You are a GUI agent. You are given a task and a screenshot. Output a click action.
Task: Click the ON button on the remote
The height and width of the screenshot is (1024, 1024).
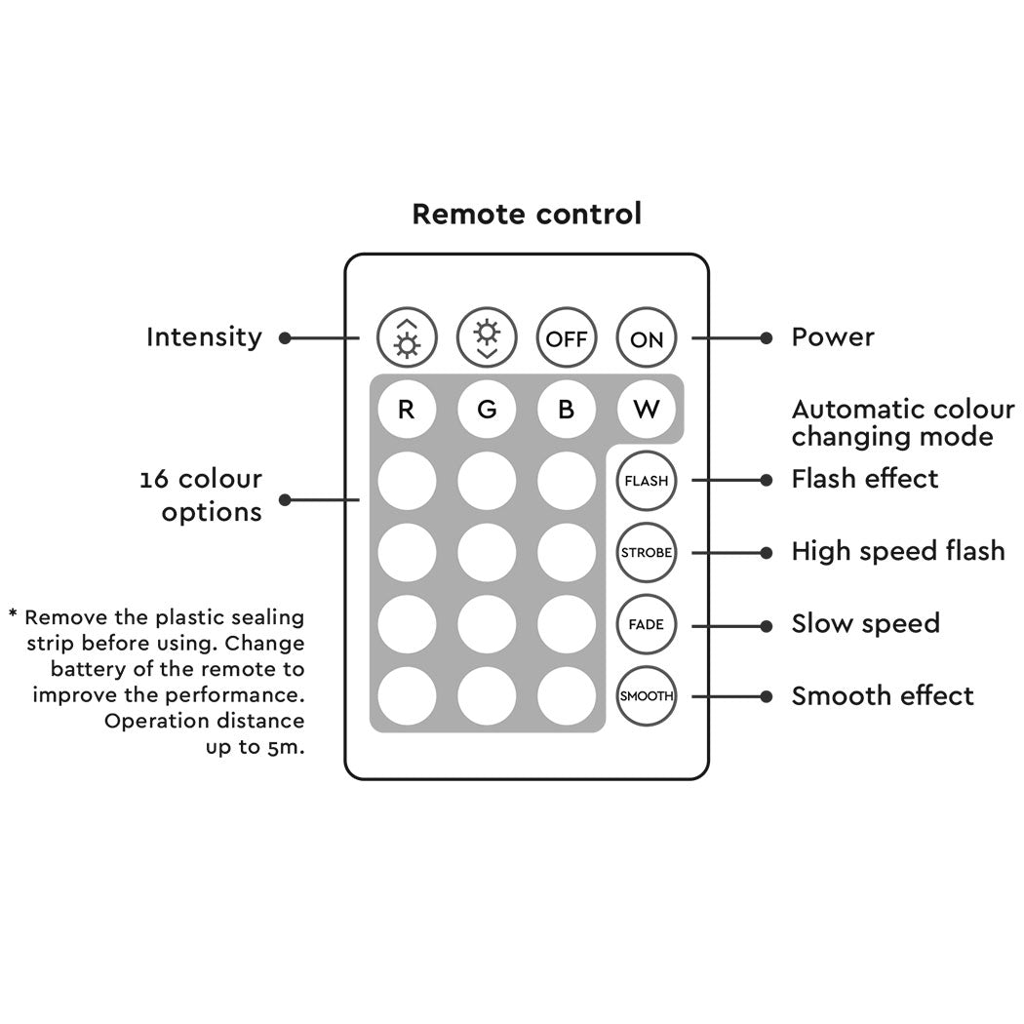[x=646, y=338]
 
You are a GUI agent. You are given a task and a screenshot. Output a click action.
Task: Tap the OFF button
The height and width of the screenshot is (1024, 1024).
[x=567, y=338]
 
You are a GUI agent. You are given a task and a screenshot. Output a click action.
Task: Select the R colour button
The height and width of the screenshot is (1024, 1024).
[x=407, y=410]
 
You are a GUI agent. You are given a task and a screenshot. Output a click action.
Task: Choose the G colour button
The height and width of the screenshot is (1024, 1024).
[x=487, y=410]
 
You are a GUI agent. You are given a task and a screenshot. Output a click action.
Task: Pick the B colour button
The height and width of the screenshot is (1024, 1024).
[x=567, y=410]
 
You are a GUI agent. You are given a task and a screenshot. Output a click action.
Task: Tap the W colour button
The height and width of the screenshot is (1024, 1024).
[x=646, y=410]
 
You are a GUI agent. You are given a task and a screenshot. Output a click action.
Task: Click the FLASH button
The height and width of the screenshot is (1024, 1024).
[x=646, y=481]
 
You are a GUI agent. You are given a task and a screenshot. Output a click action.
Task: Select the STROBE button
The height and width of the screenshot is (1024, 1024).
[x=646, y=553]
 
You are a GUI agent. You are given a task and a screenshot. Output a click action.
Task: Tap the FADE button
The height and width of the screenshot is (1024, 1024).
[x=646, y=624]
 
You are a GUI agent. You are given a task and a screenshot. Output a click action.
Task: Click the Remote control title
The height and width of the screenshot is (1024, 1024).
[x=527, y=214]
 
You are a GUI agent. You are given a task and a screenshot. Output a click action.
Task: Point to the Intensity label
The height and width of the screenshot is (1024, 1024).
[x=204, y=337]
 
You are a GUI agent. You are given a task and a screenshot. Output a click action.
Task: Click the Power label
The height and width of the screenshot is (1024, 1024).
[x=832, y=337]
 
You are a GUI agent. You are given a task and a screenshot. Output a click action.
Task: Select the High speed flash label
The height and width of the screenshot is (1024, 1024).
[x=897, y=551]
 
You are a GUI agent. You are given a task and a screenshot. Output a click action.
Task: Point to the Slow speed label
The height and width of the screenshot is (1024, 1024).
[x=865, y=624]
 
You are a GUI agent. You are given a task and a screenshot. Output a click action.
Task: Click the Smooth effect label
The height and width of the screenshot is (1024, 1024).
[x=882, y=695]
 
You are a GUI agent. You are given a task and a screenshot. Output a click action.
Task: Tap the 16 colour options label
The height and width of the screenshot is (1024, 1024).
[x=201, y=495]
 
